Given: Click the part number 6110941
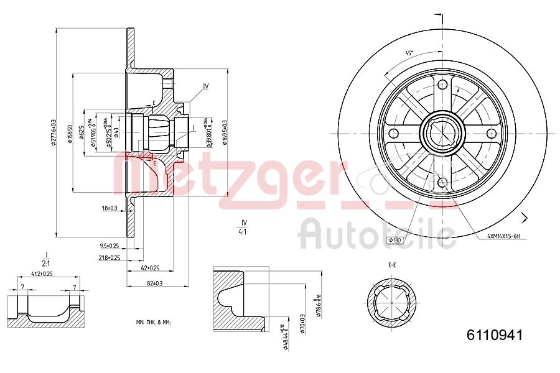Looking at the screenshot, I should (495, 335).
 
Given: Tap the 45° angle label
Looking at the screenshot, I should (409, 53).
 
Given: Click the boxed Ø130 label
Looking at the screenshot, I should (396, 240).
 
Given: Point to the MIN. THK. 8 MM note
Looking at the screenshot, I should (153, 322).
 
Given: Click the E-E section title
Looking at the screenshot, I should (392, 265).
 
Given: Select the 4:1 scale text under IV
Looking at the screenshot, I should (244, 231).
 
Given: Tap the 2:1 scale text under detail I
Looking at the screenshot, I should (46, 262).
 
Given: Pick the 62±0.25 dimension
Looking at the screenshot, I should (150, 268).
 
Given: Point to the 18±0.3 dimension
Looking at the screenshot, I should (110, 208).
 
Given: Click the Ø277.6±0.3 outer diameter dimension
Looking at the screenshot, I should (54, 132).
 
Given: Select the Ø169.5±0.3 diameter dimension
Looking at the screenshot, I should (225, 132).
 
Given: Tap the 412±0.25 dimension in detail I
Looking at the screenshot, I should (42, 274).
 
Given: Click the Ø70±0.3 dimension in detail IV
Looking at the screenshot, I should (302, 323).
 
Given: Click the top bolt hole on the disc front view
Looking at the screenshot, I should (442, 85).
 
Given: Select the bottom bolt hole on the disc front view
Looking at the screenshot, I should (442, 182).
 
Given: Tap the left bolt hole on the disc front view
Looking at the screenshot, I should (393, 134).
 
